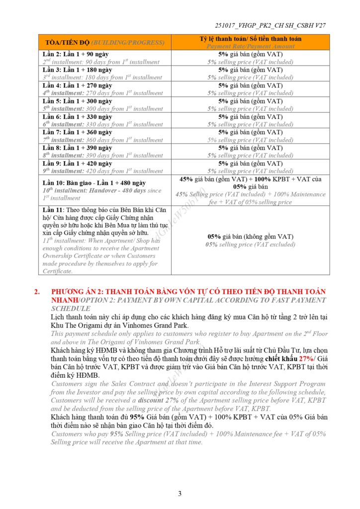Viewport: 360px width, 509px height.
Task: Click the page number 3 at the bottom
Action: click(180, 493)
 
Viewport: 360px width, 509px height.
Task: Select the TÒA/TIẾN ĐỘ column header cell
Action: click(105, 42)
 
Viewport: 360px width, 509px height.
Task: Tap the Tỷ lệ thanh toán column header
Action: click(251, 39)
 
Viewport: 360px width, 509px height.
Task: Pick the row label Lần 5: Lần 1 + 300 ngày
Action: click(78, 101)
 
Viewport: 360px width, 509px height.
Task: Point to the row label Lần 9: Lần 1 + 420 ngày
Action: click(78, 164)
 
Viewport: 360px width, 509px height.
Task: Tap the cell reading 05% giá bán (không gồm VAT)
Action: click(251, 237)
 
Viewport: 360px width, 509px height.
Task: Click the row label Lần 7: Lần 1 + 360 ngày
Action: click(78, 132)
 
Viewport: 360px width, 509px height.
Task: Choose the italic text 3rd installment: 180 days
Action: click(102, 78)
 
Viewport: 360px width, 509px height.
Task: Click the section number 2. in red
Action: click(37, 291)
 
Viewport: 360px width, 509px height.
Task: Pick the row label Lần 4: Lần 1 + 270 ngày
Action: click(78, 85)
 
